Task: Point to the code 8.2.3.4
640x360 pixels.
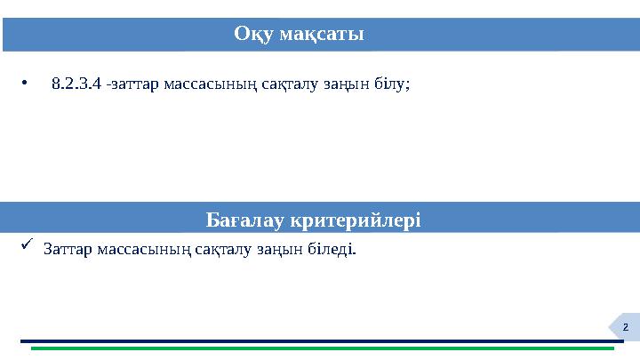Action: coord(76,85)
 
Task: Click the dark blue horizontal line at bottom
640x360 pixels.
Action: coord(320,340)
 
